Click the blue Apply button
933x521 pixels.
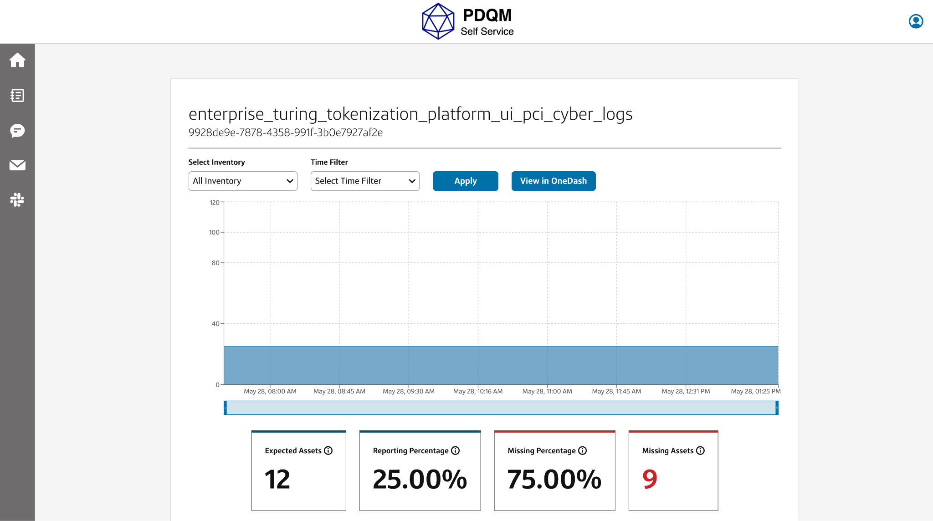point(465,181)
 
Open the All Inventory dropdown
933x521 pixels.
point(243,181)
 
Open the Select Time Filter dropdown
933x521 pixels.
point(365,181)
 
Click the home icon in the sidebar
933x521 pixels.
point(17,60)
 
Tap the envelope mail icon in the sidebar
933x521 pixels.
point(17,165)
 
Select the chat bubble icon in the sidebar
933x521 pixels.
point(17,131)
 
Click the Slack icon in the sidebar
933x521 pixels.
point(17,199)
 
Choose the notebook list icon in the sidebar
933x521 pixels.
point(17,95)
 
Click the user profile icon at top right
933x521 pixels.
point(916,21)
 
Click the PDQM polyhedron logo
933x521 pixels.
point(438,21)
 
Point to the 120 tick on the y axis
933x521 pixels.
point(214,203)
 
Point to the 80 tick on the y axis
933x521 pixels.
point(215,263)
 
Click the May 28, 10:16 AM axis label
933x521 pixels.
point(478,391)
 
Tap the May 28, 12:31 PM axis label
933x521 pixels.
point(686,391)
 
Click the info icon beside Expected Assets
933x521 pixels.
point(328,450)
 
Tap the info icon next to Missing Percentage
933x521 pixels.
point(583,450)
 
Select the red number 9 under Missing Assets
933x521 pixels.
point(650,479)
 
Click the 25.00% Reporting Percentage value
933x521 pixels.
point(420,479)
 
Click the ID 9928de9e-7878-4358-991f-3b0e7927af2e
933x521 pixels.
point(286,133)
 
